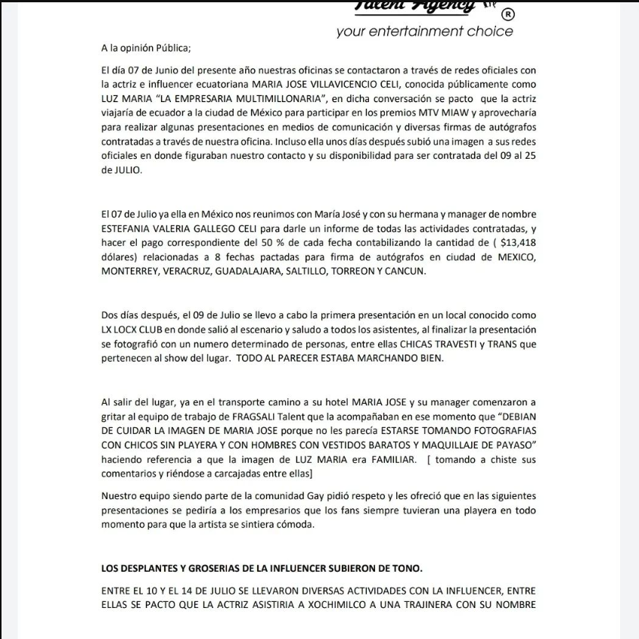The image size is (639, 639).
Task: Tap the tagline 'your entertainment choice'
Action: (x=424, y=32)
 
